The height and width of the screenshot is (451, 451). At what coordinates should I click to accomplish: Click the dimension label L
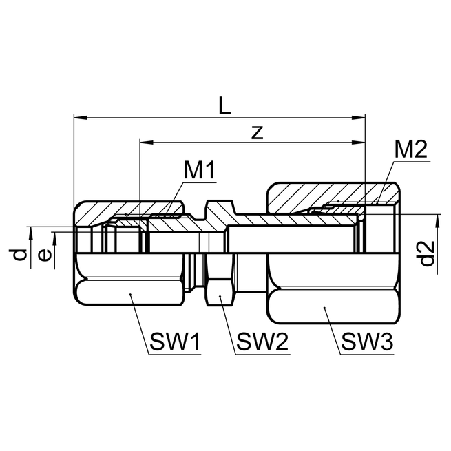pos(224,105)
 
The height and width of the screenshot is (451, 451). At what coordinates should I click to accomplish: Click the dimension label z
pos(257,133)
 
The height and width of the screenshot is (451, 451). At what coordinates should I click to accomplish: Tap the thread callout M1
pos(200,170)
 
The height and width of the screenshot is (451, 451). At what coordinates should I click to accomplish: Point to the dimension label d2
pos(428,253)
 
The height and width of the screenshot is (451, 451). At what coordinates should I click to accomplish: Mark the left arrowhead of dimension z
pos(145,143)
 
